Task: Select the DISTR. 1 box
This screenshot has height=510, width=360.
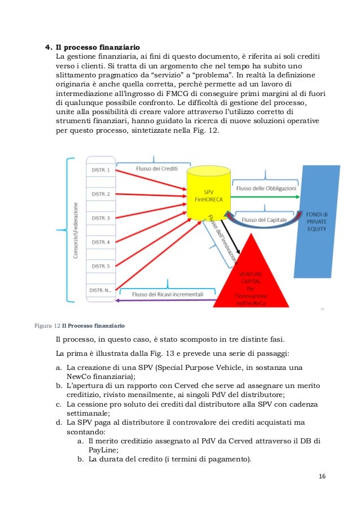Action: (x=102, y=170)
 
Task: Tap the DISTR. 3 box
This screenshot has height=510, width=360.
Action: (x=102, y=218)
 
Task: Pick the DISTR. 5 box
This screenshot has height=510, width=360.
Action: (x=102, y=266)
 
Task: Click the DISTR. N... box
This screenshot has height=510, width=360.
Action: (x=102, y=290)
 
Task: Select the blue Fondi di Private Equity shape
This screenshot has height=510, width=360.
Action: (x=319, y=220)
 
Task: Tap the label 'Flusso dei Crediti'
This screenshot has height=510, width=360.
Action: (x=157, y=168)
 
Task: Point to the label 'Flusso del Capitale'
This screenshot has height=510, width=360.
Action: (x=264, y=219)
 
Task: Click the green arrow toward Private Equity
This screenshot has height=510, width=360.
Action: (x=265, y=197)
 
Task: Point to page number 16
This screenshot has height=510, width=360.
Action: (x=322, y=476)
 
